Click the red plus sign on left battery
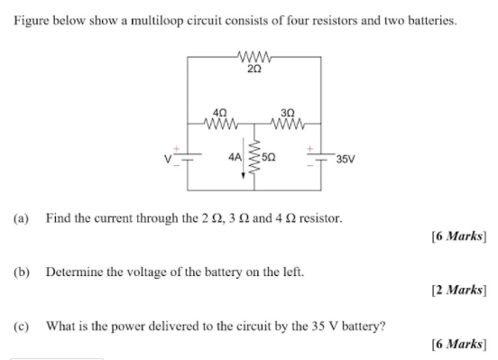(x=177, y=149)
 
